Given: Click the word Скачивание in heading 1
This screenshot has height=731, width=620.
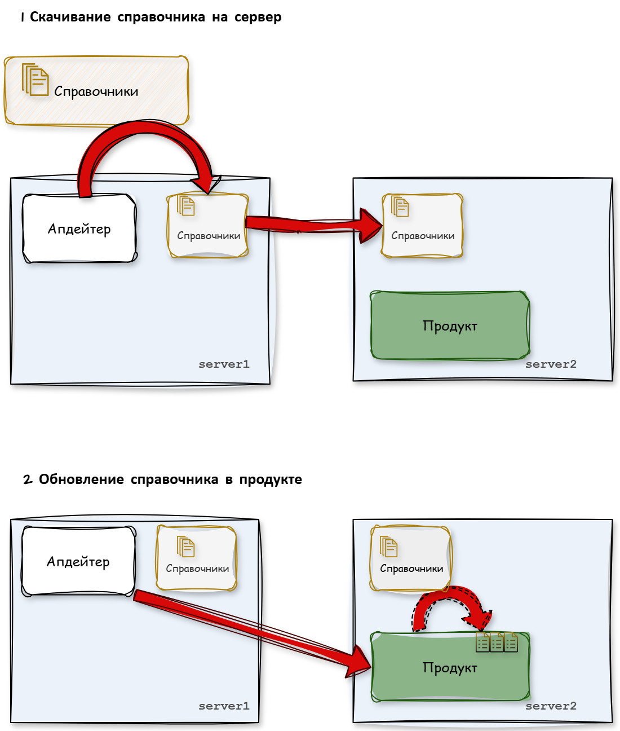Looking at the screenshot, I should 70,17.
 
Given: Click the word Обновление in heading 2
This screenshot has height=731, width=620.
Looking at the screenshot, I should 81,479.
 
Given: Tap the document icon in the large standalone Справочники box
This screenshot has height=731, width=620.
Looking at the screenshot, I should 36,80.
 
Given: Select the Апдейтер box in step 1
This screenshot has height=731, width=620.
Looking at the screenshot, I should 79,228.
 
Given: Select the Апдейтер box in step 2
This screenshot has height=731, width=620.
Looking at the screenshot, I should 78,561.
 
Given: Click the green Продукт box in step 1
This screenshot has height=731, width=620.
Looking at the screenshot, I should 449,325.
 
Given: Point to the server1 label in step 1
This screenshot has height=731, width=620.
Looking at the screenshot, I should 224,364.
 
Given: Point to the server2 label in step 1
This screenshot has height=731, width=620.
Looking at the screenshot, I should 551,364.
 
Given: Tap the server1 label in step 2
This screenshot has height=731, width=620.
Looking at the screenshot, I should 224,706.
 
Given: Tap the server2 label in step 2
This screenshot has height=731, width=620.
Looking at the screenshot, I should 551,706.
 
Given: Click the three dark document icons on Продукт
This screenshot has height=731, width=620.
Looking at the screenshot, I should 497,642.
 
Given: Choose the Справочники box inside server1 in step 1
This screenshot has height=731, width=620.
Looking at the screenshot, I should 208,226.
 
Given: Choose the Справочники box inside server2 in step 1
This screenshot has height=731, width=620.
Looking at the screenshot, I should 422,226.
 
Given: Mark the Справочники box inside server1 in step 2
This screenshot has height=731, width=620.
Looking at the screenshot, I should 197,558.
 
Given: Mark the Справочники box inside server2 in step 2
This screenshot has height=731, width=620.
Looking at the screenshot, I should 411,558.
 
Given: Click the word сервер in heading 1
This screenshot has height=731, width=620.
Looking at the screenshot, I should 258,17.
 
